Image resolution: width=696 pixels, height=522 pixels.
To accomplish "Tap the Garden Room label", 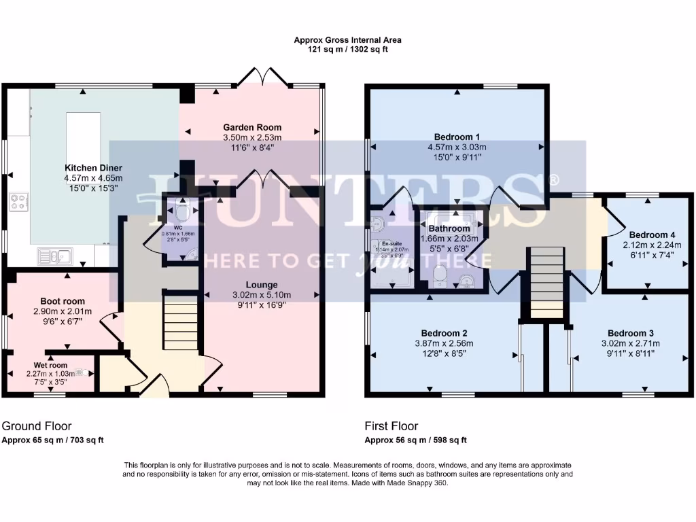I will (x=252, y=127).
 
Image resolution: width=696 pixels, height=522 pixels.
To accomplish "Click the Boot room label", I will (x=63, y=301).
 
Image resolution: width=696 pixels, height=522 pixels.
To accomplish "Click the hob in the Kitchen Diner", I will (x=19, y=202).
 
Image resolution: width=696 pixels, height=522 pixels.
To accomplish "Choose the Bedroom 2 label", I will (x=444, y=333).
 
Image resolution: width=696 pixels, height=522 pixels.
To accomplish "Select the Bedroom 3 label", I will (x=630, y=333).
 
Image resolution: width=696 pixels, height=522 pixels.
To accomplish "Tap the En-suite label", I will (x=391, y=243).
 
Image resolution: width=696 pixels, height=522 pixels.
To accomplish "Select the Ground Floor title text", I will (x=37, y=426).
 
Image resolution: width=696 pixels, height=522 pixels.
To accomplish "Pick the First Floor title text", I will (x=391, y=426).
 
